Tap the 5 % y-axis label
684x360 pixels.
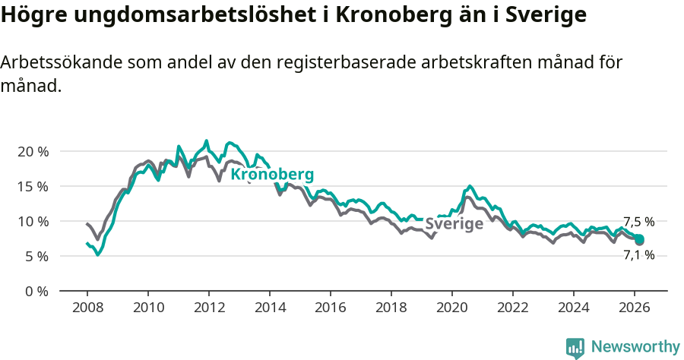(x=36, y=257)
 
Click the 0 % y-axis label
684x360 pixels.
(x=36, y=292)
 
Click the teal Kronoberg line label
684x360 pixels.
(x=272, y=175)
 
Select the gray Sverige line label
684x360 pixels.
(x=454, y=224)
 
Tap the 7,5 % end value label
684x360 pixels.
(x=638, y=222)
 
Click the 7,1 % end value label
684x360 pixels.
(x=638, y=256)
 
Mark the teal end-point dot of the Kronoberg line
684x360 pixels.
(x=639, y=239)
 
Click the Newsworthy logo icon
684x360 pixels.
(x=575, y=347)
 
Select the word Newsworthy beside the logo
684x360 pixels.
(x=635, y=347)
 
